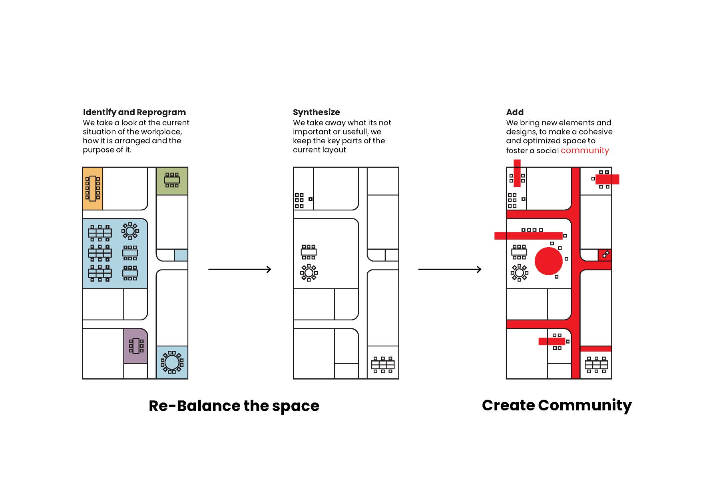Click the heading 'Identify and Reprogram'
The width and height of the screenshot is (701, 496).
[134, 112]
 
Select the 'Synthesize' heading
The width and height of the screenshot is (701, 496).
[316, 112]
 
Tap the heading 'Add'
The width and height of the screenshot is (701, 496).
[514, 112]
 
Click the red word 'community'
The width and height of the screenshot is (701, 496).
[584, 151]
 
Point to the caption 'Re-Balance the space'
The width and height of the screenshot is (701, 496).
[234, 406]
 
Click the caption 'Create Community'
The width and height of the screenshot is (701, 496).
[557, 405]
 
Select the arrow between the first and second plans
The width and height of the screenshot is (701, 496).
[239, 270]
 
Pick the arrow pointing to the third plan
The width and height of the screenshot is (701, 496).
[450, 270]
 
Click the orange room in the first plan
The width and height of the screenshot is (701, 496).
[93, 188]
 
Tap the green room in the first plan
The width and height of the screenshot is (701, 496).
[172, 181]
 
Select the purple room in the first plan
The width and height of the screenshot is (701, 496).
[135, 346]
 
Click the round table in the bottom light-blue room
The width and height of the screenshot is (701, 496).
[172, 362]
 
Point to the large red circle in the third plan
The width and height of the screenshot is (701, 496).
[548, 261]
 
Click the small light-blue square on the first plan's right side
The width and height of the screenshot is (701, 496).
[181, 255]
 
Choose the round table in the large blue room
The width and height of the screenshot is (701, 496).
[130, 231]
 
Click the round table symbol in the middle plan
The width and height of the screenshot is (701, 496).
[309, 273]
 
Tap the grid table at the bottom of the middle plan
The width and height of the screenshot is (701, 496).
[382, 365]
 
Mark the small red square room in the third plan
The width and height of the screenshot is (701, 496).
[605, 254]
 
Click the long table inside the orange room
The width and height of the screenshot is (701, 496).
[93, 188]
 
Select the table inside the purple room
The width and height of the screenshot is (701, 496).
[136, 346]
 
